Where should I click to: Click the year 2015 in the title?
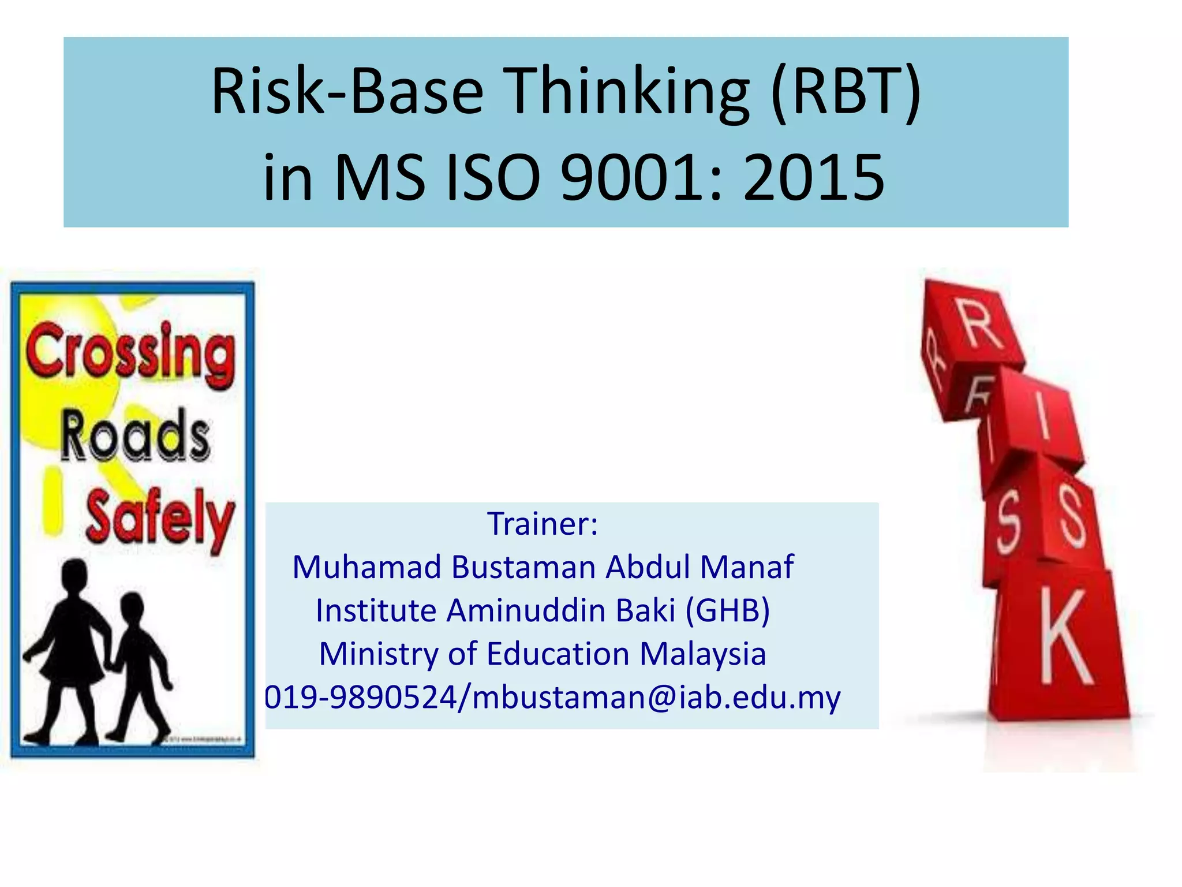tap(814, 178)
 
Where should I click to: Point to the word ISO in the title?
tap(494, 178)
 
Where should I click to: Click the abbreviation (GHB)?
tap(727, 610)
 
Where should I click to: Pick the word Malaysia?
tap(702, 654)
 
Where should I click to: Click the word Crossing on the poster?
tap(130, 353)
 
